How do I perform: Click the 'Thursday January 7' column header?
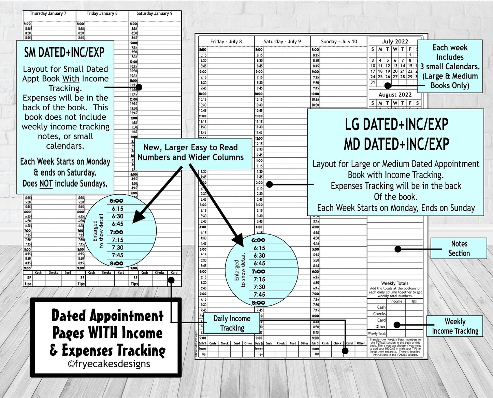click(x=48, y=14)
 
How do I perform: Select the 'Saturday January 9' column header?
click(x=154, y=14)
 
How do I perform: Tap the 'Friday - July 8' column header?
click(x=226, y=42)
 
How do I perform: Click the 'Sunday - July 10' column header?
click(x=339, y=42)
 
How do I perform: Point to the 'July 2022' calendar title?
click(x=395, y=42)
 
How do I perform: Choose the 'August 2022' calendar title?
click(x=395, y=95)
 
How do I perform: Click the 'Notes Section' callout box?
click(x=459, y=248)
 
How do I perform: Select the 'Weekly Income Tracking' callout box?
click(x=455, y=326)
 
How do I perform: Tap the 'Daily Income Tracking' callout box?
click(x=232, y=323)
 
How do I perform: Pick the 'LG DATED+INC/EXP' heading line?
click(x=396, y=125)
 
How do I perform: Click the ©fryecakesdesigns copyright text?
click(x=108, y=364)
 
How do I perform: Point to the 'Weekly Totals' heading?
click(x=394, y=283)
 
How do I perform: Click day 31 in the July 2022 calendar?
click(x=373, y=82)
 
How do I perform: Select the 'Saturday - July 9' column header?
click(x=282, y=42)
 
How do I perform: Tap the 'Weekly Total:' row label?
click(x=377, y=333)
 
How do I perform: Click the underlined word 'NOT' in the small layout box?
click(x=46, y=184)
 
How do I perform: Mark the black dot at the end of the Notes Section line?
click(x=398, y=249)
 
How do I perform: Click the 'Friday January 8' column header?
click(x=102, y=14)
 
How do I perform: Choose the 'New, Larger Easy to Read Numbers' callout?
click(x=190, y=153)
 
